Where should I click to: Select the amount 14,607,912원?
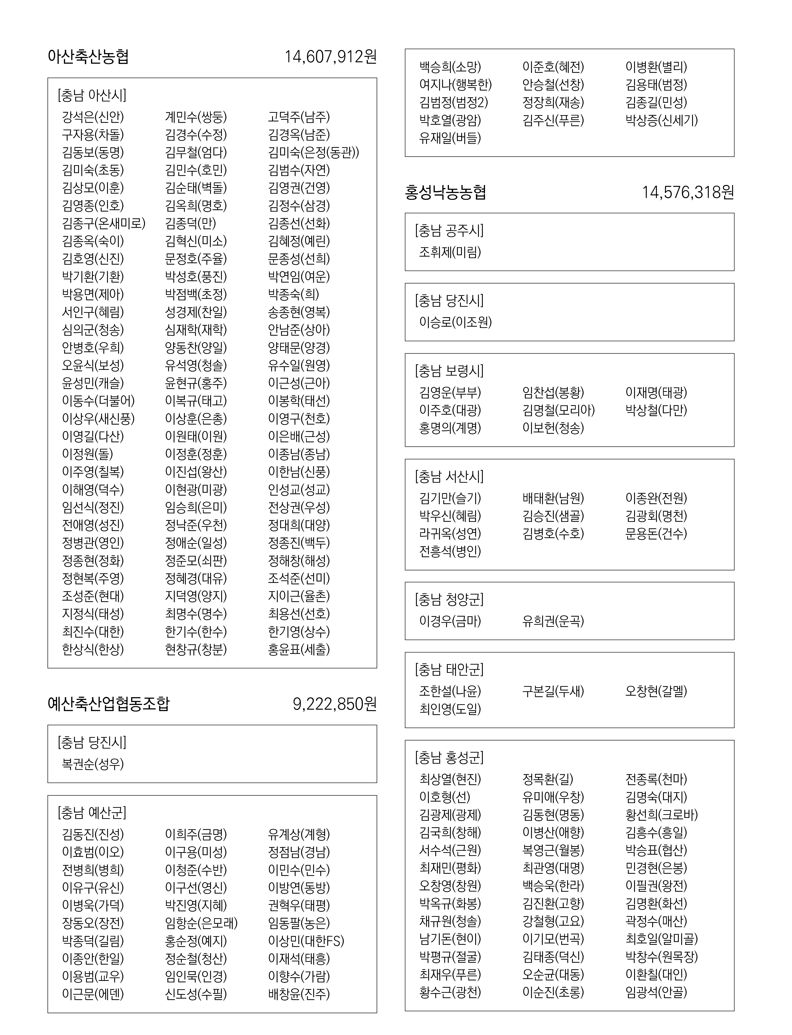331,57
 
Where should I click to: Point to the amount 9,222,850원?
335,704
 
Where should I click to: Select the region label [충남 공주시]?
449,231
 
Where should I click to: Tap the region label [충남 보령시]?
449,371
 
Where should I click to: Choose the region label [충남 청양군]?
449,599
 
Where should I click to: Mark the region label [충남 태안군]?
449,669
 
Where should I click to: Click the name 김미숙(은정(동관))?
314,152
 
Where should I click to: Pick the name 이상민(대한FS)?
306,941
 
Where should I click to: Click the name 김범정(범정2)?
453,102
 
